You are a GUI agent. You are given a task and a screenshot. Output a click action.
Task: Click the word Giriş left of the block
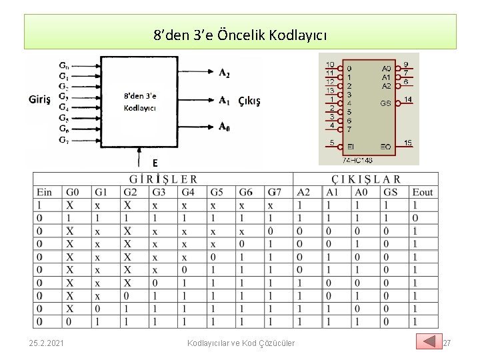click(x=40, y=99)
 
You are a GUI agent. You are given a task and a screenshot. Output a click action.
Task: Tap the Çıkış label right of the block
click(x=249, y=101)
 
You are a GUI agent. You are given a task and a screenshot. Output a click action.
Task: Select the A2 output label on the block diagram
click(x=225, y=73)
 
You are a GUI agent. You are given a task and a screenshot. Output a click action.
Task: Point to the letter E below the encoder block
click(x=155, y=163)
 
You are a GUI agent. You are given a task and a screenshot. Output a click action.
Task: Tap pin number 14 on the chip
click(x=408, y=100)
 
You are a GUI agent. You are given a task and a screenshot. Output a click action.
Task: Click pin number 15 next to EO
click(x=408, y=143)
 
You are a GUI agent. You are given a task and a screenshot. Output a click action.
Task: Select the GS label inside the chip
click(x=385, y=104)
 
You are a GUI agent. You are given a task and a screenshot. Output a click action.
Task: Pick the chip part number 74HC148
click(x=357, y=160)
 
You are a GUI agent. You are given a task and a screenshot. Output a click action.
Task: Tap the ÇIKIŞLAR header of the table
click(x=366, y=179)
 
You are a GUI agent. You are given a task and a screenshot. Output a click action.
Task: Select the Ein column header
click(x=44, y=192)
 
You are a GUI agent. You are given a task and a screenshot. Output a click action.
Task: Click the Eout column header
click(x=422, y=192)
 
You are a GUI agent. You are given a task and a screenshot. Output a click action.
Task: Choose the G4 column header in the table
click(x=189, y=192)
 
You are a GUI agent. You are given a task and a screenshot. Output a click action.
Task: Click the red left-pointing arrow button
click(x=429, y=341)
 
